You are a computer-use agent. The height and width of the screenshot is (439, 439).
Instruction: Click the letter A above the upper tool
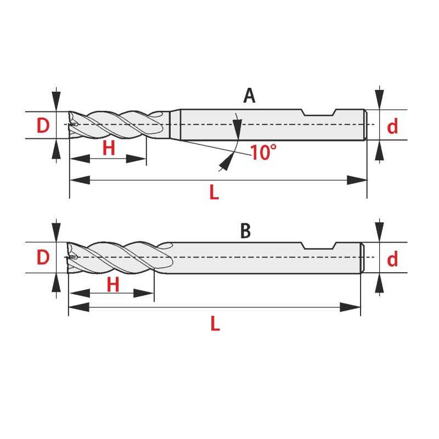pos(249,95)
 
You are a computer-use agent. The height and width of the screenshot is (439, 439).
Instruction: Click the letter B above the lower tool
pos(245,231)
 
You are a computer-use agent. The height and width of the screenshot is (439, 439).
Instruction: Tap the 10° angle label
pos(263,153)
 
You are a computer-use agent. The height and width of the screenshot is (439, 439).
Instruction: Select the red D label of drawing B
pos(43,257)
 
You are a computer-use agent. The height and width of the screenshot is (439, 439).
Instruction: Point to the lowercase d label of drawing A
pos(392,126)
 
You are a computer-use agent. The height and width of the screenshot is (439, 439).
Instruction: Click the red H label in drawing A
pos(109,148)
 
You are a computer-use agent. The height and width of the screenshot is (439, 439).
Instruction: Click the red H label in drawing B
pos(113,284)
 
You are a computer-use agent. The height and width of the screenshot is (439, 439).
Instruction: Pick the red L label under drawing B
pos(215,323)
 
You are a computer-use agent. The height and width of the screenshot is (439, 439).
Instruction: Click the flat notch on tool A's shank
pos(319,112)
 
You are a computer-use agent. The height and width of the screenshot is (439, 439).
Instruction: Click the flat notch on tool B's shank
pos(319,245)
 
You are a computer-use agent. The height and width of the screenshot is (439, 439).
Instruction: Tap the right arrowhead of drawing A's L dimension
pos(357,181)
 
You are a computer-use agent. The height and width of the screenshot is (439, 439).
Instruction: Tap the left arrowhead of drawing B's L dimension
pos(79,307)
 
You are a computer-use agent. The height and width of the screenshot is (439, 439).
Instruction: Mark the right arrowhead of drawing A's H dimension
pos(136,159)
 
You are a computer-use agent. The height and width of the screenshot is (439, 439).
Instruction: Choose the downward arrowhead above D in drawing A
pos(57,101)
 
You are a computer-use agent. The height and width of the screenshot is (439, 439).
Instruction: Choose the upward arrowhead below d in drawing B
pos(379,283)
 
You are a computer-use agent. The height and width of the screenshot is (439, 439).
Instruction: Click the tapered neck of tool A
pos(175,125)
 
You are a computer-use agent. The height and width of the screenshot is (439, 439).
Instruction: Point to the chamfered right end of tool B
pos(362,257)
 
